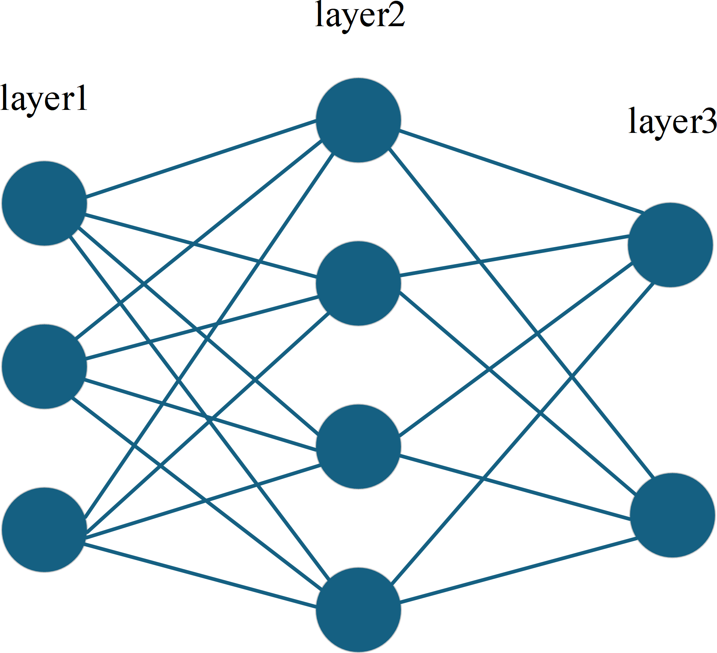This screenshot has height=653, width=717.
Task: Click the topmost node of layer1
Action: pos(44,203)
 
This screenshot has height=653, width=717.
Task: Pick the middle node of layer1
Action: pos(44,367)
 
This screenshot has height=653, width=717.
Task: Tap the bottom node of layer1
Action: pos(44,530)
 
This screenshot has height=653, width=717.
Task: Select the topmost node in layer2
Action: pos(358,120)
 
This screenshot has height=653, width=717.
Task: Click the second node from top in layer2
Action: pos(358,283)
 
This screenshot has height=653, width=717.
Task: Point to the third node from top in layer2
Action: pos(358,446)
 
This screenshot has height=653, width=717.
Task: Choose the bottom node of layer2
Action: pos(358,610)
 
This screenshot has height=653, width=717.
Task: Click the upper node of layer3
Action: pos(671,245)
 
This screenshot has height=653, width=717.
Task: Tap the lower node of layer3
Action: pos(673,515)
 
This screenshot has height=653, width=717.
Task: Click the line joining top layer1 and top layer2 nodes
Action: pos(201,158)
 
